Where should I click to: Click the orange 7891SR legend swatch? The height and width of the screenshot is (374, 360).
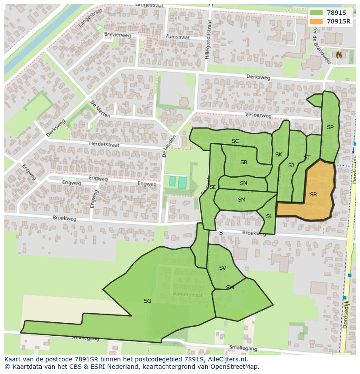coord(317,21)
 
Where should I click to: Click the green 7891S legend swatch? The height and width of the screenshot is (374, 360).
coord(317,13)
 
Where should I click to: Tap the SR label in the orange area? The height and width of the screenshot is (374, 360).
coord(313,195)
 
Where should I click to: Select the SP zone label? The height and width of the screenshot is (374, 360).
coord(330,127)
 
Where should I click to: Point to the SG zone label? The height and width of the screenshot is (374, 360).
coord(147,301)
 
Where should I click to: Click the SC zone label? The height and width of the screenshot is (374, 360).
coord(235,141)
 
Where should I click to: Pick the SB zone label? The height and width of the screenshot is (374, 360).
coord(244,162)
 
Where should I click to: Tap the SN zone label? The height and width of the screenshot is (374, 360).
coord(243,183)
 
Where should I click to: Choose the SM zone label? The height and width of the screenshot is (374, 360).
coord(242,200)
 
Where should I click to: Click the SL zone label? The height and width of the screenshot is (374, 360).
coord(269,216)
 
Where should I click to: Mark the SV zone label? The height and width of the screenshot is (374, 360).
coord(223,268)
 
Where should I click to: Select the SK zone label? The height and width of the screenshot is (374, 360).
coord(279,155)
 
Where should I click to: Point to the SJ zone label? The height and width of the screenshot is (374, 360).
coord(291,165)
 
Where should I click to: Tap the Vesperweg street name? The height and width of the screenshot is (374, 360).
coord(258,116)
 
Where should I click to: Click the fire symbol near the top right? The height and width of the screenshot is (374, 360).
coord(338,55)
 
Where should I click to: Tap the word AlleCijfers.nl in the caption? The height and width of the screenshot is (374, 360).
coord(226,360)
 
